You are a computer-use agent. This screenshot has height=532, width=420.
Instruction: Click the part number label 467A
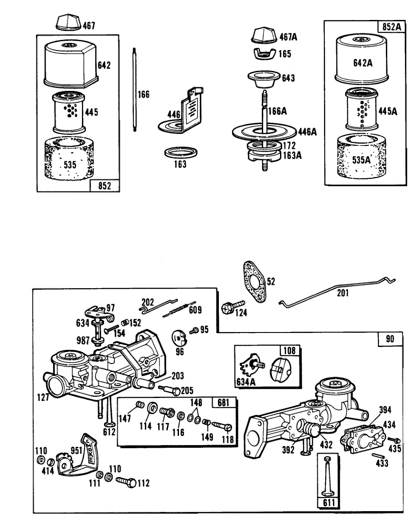click(x=288, y=37)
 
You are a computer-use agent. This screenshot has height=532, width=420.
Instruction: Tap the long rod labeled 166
click(x=134, y=89)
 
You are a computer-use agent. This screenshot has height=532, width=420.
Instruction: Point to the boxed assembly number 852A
click(x=391, y=27)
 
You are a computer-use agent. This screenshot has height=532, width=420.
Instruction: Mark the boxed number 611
click(x=328, y=503)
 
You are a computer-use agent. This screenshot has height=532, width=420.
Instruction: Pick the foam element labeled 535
click(x=69, y=160)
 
